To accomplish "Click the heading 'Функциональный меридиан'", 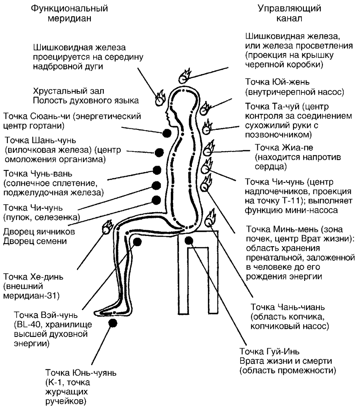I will [69, 13].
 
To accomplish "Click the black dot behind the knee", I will [137, 242].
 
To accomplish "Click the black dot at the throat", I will [166, 133].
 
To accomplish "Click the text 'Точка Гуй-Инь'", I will [269, 351].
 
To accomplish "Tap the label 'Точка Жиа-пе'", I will [284, 148].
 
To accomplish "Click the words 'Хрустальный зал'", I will [68, 91].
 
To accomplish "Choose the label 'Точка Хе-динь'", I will [33, 277].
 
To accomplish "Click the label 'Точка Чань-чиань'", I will [288, 307].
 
